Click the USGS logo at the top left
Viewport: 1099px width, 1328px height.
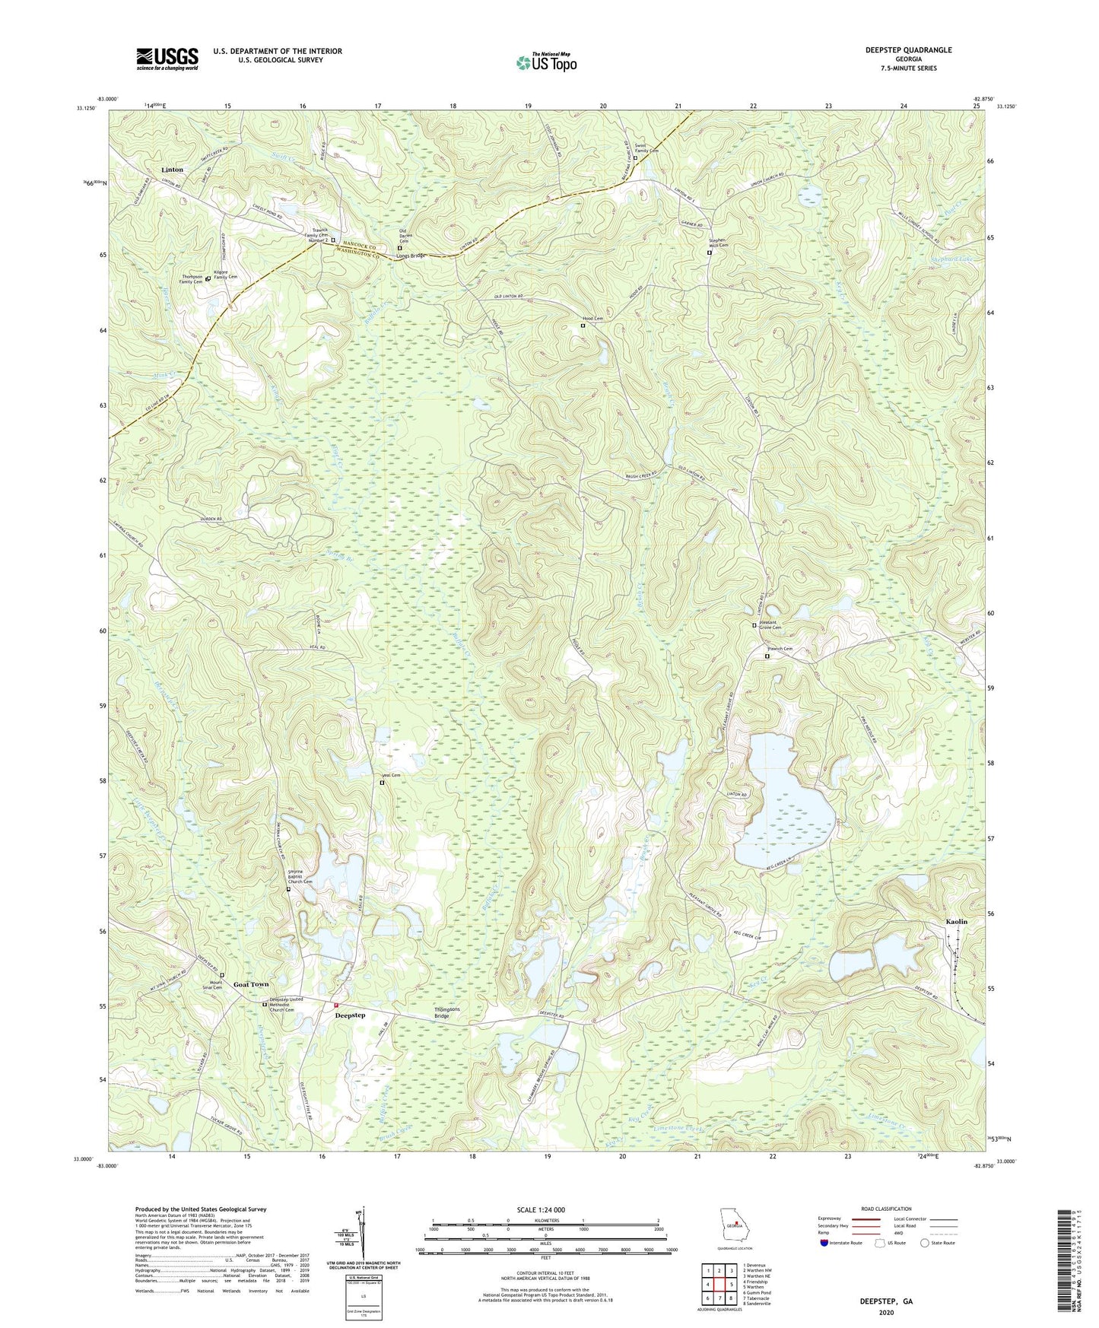coord(167,59)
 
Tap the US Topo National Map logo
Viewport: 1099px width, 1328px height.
coord(545,62)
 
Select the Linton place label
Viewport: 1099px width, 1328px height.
coord(172,170)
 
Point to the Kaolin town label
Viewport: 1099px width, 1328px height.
coord(956,922)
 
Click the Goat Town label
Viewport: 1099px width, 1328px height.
coord(251,984)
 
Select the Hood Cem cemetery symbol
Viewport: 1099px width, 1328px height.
coord(583,326)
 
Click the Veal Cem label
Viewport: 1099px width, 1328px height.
coord(390,775)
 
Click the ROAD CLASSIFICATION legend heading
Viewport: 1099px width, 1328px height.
coord(886,1209)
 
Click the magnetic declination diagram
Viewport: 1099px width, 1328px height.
coord(364,1233)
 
